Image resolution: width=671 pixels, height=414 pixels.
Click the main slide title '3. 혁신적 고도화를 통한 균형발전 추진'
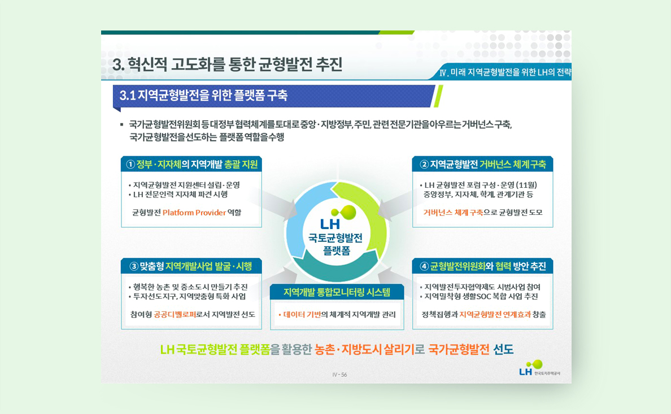tap(227, 64)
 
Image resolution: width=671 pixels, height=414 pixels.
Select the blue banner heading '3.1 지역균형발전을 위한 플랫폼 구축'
tap(204, 95)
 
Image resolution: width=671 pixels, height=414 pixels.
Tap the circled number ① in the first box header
tap(130, 165)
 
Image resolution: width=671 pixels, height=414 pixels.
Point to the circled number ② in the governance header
tap(424, 165)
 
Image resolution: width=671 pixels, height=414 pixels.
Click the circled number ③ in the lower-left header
tap(134, 267)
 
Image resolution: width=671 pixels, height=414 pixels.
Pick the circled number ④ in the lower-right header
tap(424, 267)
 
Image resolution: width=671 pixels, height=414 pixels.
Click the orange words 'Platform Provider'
tap(194, 212)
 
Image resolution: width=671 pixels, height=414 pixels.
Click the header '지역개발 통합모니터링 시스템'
tap(337, 292)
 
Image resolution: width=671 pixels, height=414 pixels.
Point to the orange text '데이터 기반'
tap(302, 315)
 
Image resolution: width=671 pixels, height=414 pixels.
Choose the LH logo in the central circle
tap(337, 218)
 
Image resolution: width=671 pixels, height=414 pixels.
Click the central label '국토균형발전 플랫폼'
tap(336, 244)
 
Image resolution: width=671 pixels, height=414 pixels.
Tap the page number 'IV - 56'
tap(339, 375)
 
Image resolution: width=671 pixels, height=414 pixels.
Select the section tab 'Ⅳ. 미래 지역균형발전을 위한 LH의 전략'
tap(505, 72)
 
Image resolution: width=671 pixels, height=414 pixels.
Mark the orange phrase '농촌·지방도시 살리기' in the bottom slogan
tap(364, 350)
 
